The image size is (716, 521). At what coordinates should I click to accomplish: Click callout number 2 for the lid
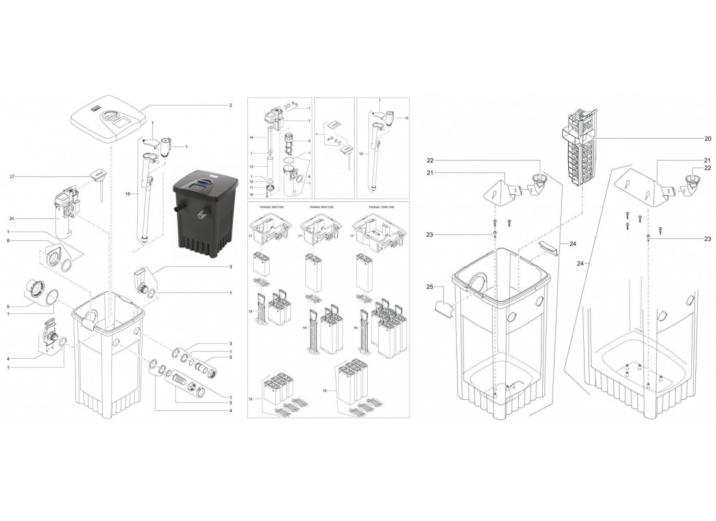(230, 105)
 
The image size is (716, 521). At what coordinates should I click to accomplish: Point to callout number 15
(407, 119)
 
